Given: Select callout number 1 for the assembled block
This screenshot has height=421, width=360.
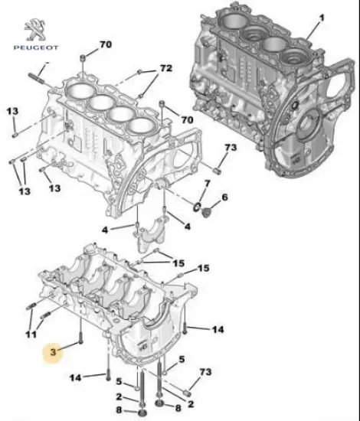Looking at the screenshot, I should tap(322, 17).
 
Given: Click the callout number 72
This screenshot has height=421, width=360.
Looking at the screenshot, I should tap(166, 69).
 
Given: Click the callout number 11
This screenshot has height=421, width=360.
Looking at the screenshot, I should tap(30, 335).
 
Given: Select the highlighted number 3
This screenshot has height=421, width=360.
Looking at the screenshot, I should tap(53, 352).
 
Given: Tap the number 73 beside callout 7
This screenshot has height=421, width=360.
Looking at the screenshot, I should tap(231, 148).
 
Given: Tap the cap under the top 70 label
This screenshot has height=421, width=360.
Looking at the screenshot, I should tap(82, 60).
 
